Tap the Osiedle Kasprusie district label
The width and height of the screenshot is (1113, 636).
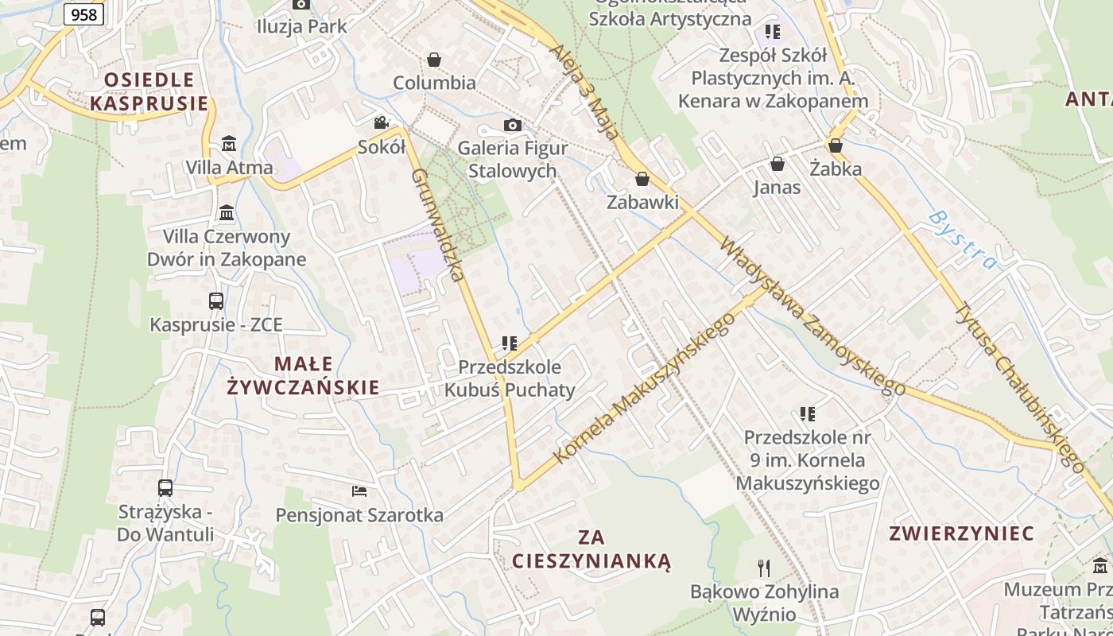click(149, 91)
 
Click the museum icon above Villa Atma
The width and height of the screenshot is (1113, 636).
click(229, 144)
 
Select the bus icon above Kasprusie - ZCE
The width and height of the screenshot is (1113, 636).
click(216, 301)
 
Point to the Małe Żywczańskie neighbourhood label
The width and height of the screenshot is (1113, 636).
click(303, 375)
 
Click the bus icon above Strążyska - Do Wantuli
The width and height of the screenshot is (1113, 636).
click(165, 487)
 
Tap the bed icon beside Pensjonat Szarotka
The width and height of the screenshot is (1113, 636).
click(359, 491)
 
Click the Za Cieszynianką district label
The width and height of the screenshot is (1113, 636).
click(591, 549)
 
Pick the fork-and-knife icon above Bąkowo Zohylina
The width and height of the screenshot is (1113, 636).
click(764, 568)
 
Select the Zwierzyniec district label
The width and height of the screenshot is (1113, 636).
click(961, 533)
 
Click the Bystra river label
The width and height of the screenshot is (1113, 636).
click(963, 239)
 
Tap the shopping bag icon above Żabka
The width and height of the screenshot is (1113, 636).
click(835, 145)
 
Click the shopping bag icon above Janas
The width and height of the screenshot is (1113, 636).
click(777, 164)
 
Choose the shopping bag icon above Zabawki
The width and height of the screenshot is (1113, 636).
click(642, 179)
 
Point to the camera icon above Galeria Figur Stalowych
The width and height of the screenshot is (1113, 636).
click(513, 125)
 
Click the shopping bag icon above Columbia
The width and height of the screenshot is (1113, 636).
click(434, 60)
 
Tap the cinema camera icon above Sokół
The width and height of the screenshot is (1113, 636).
click(382, 122)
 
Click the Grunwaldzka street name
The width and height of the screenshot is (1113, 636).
click(436, 224)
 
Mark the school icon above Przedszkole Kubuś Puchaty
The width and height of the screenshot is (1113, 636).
click(509, 343)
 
